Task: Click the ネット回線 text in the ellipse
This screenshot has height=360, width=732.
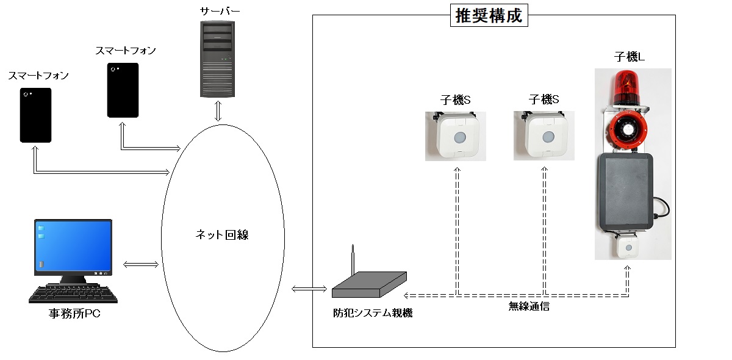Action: coord(222,235)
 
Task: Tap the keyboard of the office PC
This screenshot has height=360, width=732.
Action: coord(73,294)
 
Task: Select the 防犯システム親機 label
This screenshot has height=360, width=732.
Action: coord(373,313)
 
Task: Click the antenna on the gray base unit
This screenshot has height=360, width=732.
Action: coord(352,262)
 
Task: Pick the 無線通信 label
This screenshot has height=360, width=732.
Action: coord(529,306)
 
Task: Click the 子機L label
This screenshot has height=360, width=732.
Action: coord(629,57)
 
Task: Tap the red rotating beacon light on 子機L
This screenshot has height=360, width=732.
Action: coord(626,85)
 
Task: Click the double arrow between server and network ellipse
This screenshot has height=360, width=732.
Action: coord(218,111)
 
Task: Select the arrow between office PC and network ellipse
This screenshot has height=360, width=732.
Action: coord(141,264)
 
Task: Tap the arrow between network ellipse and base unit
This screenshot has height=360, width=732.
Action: coord(310,288)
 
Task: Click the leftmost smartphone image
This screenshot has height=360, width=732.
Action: coord(36,115)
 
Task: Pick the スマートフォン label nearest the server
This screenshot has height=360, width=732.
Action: coord(126,51)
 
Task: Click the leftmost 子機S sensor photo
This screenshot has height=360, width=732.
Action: coord(456,136)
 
